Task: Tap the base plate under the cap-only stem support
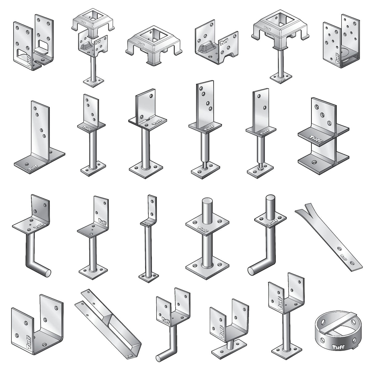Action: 280,78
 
